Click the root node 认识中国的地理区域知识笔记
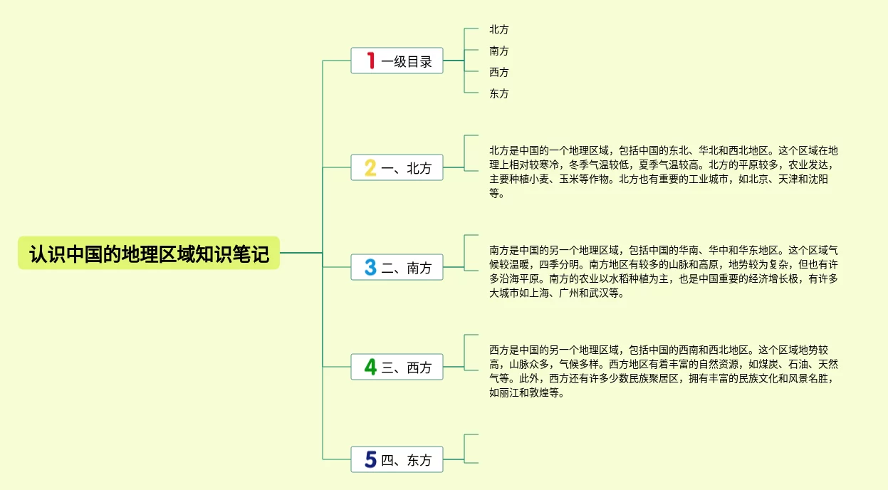[x=149, y=254]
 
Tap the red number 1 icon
[x=370, y=61]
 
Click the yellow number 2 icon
[x=370, y=168]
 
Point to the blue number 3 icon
[x=370, y=268]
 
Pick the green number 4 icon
[x=370, y=367]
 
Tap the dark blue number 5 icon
[x=370, y=460]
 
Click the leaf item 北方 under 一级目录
[x=499, y=30]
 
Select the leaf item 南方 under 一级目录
[x=499, y=51]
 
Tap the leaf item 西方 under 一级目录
[x=499, y=73]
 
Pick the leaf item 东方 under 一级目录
[x=499, y=94]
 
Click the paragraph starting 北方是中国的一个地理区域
[x=662, y=172]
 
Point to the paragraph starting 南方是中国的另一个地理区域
[x=662, y=271]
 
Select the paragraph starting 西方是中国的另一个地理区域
[x=662, y=371]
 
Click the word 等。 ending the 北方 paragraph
[x=497, y=194]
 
